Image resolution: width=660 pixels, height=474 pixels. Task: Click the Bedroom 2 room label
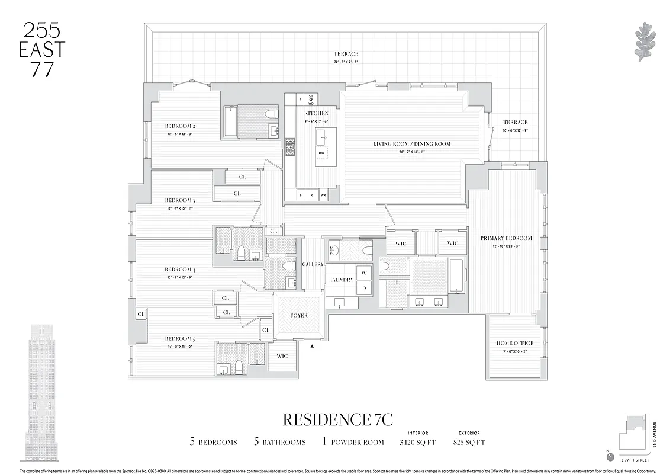pos(180,126)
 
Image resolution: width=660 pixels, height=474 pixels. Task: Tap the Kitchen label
pos(316,113)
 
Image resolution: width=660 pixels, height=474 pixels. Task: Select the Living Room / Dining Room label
pos(411,144)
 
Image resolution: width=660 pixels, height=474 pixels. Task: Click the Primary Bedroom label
pos(506,238)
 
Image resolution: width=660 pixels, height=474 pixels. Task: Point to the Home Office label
pos(514,343)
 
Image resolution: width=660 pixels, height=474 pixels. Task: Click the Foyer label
pos(299,316)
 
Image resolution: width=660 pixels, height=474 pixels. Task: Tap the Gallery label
pos(313,264)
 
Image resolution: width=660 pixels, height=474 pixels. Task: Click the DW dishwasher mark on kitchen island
pos(321,153)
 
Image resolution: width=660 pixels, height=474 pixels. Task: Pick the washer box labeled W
pos(363,273)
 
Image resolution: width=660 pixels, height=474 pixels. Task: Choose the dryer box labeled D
pos(363,288)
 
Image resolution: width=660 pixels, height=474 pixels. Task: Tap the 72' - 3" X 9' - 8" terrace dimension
pos(346,62)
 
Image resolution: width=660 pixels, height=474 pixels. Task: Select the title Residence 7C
pos(338,419)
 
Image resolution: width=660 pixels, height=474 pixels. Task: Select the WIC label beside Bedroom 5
pos(282,356)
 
